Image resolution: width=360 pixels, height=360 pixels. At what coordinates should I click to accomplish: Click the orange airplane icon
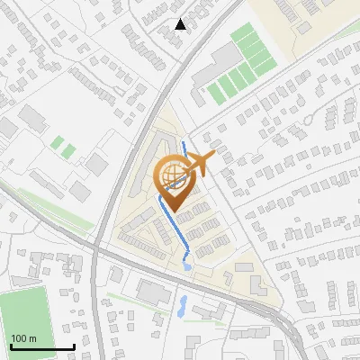(x=199, y=164)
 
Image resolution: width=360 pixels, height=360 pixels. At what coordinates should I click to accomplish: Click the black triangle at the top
(x=181, y=24)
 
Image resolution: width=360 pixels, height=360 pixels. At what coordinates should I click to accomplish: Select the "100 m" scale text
(x=24, y=337)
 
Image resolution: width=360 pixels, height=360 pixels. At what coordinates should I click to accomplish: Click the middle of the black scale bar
(x=42, y=346)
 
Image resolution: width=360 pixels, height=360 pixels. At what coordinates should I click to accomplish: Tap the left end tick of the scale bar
(x=12, y=346)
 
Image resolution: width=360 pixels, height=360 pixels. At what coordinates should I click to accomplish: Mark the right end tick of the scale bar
(x=73, y=346)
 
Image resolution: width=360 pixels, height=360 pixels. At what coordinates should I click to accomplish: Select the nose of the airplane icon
(x=214, y=158)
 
